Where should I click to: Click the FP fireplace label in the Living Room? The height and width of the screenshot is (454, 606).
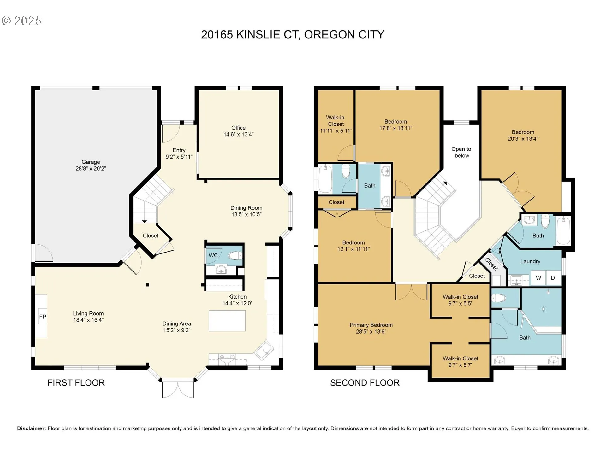point(43,317)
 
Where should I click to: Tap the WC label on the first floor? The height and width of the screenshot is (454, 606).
point(213,255)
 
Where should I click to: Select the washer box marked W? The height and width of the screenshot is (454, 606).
point(538,278)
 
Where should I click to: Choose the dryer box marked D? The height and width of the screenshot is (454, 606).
point(553,278)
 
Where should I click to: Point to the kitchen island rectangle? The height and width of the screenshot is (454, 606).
point(227,321)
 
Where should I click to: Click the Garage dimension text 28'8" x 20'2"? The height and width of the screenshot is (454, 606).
point(91,169)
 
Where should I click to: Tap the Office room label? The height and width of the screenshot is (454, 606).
point(238,128)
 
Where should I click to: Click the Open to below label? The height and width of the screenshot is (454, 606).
point(461,152)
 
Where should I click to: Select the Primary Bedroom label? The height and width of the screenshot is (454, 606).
point(371,325)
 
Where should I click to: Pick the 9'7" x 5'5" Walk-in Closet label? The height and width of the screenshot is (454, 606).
point(460,300)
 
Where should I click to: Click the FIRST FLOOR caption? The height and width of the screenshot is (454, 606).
point(76,383)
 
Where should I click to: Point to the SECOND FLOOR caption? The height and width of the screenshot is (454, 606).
point(365,383)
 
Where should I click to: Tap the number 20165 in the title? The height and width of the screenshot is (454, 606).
point(217,34)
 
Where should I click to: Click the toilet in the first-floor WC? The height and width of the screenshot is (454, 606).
point(235,255)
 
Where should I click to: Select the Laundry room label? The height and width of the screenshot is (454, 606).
point(530,261)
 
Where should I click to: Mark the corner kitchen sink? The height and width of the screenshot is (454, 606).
point(264,350)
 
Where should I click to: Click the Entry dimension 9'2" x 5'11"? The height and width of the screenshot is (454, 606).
point(179,157)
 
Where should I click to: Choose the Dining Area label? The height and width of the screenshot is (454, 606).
point(177,324)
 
